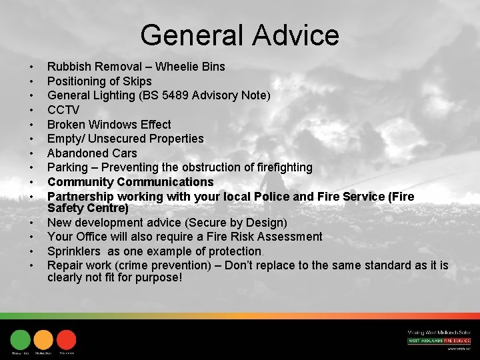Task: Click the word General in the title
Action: click(188, 35)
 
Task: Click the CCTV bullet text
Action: click(63, 110)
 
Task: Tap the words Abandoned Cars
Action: click(92, 153)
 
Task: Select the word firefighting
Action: click(278, 167)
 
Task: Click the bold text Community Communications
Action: click(130, 182)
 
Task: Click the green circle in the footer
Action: click(21, 339)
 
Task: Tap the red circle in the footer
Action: click(66, 339)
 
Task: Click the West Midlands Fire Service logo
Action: click(439, 341)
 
